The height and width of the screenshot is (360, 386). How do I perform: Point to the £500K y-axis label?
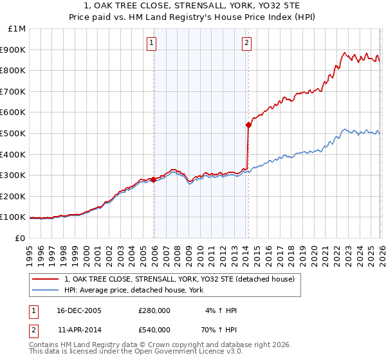click(14, 133)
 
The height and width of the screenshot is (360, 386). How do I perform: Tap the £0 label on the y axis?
click(19, 238)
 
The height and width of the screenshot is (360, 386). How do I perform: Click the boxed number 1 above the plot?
click(152, 43)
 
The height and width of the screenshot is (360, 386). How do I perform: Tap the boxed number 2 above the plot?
click(247, 43)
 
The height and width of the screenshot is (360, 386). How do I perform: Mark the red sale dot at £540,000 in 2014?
click(248, 125)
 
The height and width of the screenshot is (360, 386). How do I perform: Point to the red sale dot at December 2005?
click(154, 180)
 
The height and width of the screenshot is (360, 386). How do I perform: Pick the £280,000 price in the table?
click(154, 310)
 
